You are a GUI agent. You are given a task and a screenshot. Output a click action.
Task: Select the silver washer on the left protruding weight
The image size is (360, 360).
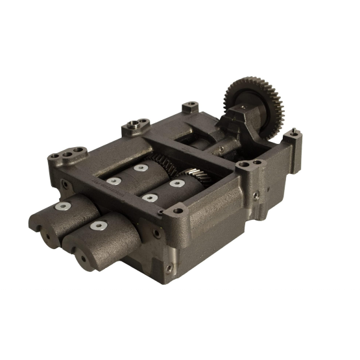[x=63, y=206]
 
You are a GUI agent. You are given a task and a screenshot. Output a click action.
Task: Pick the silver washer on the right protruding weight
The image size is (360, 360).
[x=98, y=226]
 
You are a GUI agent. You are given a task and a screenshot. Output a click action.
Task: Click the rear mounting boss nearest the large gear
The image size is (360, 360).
[x=189, y=106]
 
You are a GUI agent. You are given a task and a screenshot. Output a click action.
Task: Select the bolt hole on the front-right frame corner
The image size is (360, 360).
[x=176, y=210]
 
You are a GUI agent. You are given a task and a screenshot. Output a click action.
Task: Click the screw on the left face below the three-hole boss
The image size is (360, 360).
[x=66, y=184]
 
